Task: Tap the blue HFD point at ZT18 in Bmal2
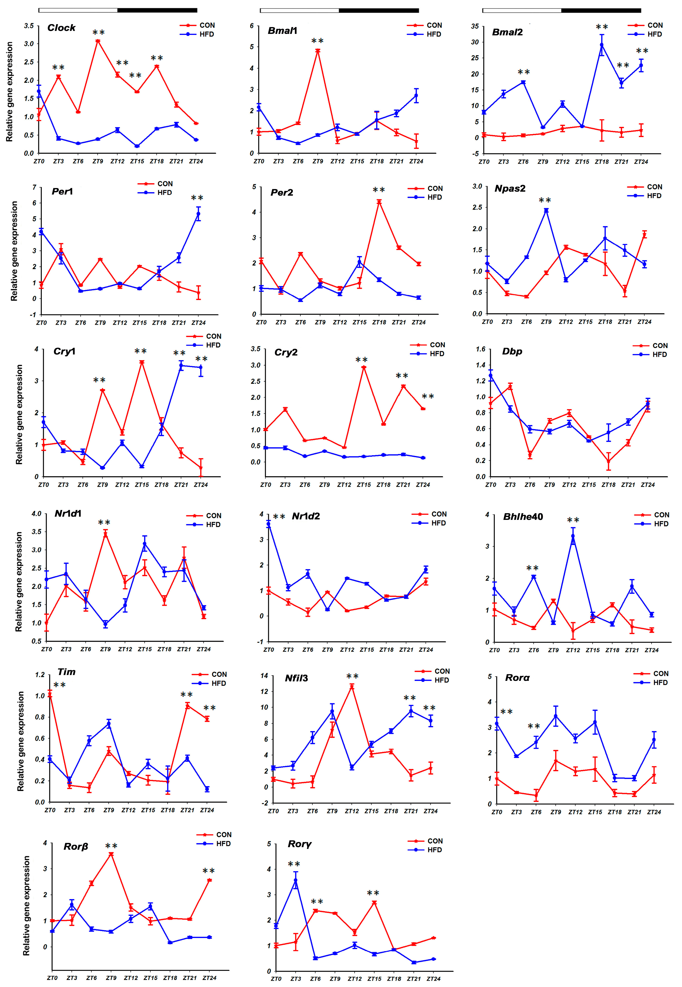[x=602, y=45]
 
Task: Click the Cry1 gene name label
[x=64, y=351]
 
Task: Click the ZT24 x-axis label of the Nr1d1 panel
[x=203, y=649]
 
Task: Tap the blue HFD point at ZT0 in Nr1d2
[x=268, y=524]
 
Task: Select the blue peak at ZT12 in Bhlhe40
[x=573, y=536]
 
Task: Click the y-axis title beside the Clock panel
[x=9, y=92]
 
